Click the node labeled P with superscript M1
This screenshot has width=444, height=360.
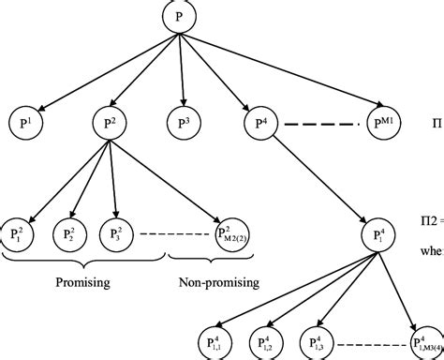tap(388, 122)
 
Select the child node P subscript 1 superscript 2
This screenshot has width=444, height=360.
tap(18, 231)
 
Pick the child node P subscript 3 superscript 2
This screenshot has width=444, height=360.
tap(117, 231)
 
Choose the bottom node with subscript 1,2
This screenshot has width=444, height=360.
tap(266, 341)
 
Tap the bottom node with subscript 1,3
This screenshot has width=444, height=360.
tap(317, 341)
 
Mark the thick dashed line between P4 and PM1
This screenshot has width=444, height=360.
tap(320, 123)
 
